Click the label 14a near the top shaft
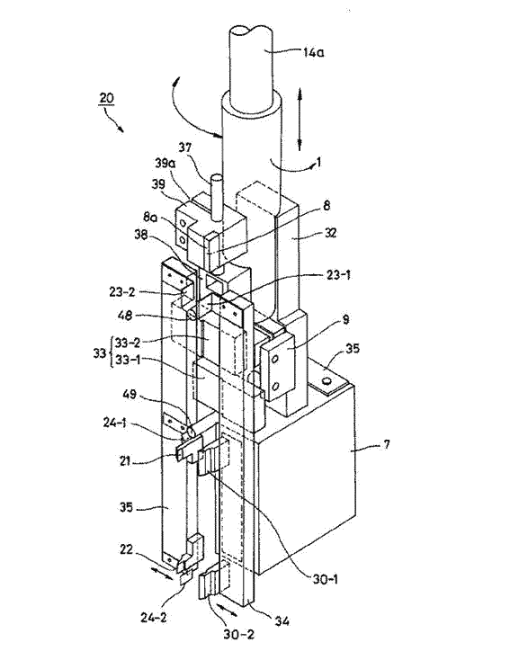(x=313, y=53)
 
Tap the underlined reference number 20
(x=106, y=98)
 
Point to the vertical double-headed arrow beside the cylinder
(x=300, y=119)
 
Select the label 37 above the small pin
(x=184, y=147)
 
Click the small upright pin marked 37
(x=216, y=198)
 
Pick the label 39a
(x=165, y=164)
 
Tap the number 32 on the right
(x=330, y=233)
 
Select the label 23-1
(x=338, y=276)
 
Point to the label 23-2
(x=122, y=291)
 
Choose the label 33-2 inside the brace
(x=128, y=343)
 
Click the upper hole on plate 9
(x=275, y=359)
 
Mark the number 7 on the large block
(x=387, y=443)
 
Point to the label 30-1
(x=325, y=579)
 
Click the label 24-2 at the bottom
(x=153, y=618)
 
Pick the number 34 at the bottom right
(x=282, y=620)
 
